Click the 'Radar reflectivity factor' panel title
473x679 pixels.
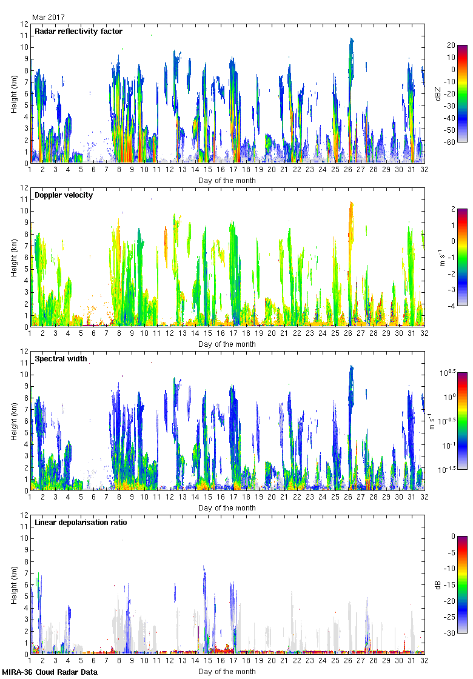click(x=78, y=32)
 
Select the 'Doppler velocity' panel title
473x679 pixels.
click(x=64, y=195)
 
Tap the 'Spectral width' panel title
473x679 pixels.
click(x=61, y=359)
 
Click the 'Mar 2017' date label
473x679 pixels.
click(x=49, y=18)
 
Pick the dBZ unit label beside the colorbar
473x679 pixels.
click(x=437, y=94)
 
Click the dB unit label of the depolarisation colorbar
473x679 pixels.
click(x=437, y=585)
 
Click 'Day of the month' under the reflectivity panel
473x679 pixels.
click(x=227, y=181)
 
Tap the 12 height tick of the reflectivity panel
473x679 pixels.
click(x=25, y=24)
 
